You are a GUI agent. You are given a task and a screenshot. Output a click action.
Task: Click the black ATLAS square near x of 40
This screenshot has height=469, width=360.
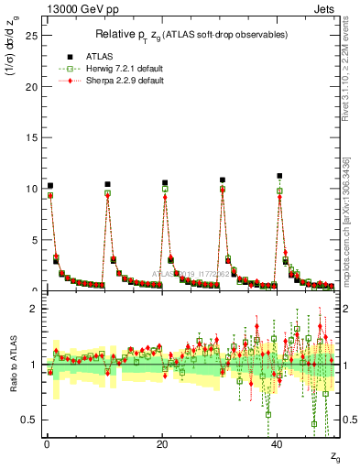tap(279, 176)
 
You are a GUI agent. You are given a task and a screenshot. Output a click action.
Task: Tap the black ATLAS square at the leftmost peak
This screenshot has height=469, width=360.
tap(50, 186)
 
